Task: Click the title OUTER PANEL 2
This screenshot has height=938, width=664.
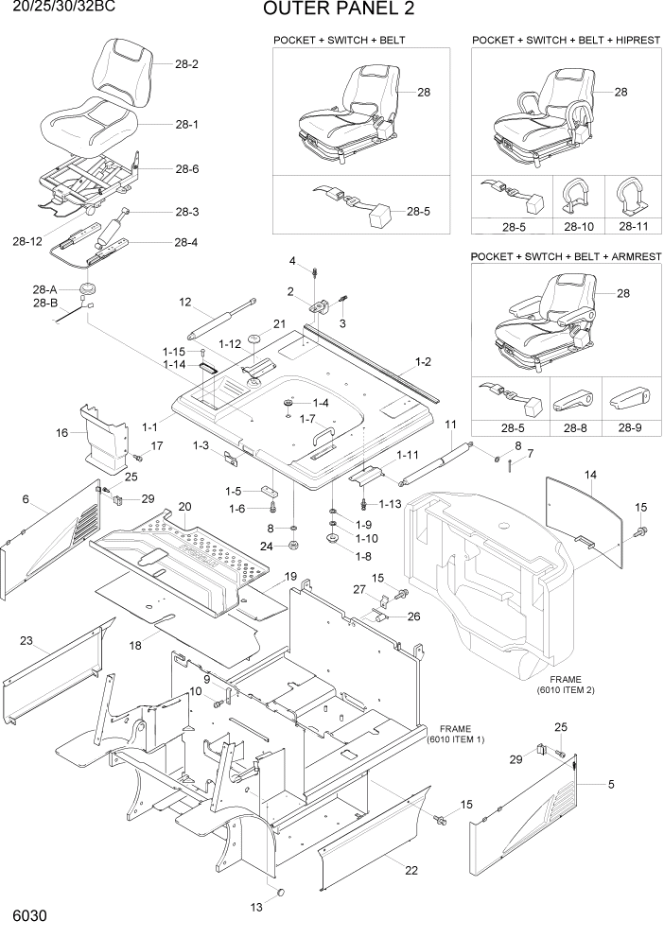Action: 324,10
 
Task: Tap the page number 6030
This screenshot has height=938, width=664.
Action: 30,917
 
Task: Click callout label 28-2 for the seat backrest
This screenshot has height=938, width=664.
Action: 186,64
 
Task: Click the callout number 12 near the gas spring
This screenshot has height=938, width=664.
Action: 185,302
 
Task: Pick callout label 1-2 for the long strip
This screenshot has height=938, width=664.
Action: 423,362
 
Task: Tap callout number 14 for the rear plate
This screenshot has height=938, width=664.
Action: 590,474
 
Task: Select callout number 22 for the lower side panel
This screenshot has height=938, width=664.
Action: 411,871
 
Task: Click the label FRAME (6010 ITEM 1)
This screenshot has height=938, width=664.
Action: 455,734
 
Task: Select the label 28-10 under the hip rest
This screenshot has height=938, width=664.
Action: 578,227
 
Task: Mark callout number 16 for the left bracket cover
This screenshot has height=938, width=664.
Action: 62,432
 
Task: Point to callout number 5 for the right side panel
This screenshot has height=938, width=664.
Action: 611,784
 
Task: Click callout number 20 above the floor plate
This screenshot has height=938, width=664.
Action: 184,507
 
